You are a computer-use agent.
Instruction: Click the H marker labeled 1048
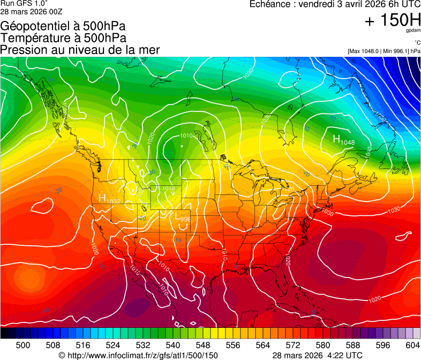[337, 139]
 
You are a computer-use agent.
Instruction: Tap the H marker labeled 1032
[102, 198]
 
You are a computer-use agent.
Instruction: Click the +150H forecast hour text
[393, 20]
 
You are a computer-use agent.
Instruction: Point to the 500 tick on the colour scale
[23, 345]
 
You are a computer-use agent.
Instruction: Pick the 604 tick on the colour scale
[412, 345]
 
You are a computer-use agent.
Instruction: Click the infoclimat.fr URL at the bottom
[138, 355]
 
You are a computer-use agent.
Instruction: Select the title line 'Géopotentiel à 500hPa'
[62, 26]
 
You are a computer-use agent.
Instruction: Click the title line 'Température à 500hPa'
[63, 38]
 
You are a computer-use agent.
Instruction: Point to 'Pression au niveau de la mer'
[80, 50]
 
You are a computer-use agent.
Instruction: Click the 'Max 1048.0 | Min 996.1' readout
[384, 51]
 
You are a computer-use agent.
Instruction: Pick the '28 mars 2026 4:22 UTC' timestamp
[317, 355]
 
